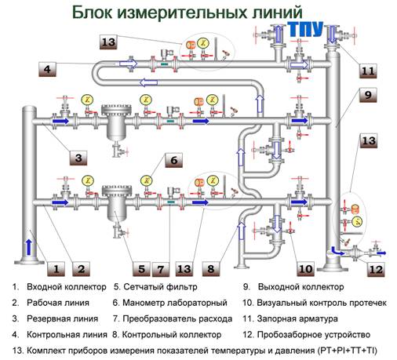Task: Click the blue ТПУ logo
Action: click(x=305, y=29)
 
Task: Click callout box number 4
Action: click(x=47, y=69)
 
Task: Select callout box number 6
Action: click(x=173, y=160)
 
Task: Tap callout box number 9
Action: click(x=368, y=95)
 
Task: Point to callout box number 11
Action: click(x=368, y=71)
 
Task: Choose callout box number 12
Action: click(x=376, y=269)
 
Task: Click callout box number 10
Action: click(x=305, y=269)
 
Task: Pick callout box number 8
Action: click(x=210, y=269)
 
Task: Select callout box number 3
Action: click(x=78, y=158)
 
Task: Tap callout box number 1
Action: click(x=56, y=269)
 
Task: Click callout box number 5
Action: click(x=141, y=269)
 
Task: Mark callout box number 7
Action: click(x=161, y=269)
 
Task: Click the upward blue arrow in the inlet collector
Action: click(x=29, y=247)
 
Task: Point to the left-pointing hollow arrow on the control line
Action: click(x=148, y=82)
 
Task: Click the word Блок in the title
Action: click(x=92, y=13)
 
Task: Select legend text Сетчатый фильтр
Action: click(x=160, y=287)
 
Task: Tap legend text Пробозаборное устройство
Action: click(x=314, y=335)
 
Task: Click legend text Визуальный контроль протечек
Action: click(x=322, y=303)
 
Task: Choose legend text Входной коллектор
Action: click(x=67, y=287)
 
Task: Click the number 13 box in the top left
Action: click(x=108, y=42)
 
